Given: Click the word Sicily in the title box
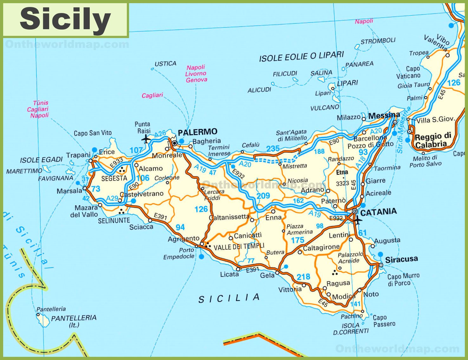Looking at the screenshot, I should click(65, 19).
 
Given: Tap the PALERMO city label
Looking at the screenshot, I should click(198, 132).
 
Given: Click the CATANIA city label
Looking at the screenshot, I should click(378, 212).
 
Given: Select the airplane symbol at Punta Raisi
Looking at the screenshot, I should click(146, 139).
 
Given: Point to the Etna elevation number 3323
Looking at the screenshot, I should click(342, 183).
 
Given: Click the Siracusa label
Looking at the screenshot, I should click(401, 259).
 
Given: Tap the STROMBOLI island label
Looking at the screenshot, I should click(378, 41).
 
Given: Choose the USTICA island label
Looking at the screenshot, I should click(165, 64).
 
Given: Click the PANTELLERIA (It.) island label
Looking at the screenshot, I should click(74, 321).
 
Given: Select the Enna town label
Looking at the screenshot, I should click(273, 218).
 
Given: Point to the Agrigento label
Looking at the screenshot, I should click(184, 239).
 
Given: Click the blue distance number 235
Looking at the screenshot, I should click(273, 148).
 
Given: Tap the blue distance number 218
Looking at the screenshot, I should click(303, 277).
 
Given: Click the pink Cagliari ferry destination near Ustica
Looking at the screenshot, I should click(152, 95).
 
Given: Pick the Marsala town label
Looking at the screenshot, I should click(69, 191).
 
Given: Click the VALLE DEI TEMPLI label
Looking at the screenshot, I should click(239, 246).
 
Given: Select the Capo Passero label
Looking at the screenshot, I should click(384, 321).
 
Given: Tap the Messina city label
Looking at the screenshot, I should click(384, 115).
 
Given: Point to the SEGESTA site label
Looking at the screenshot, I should click(114, 178).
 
